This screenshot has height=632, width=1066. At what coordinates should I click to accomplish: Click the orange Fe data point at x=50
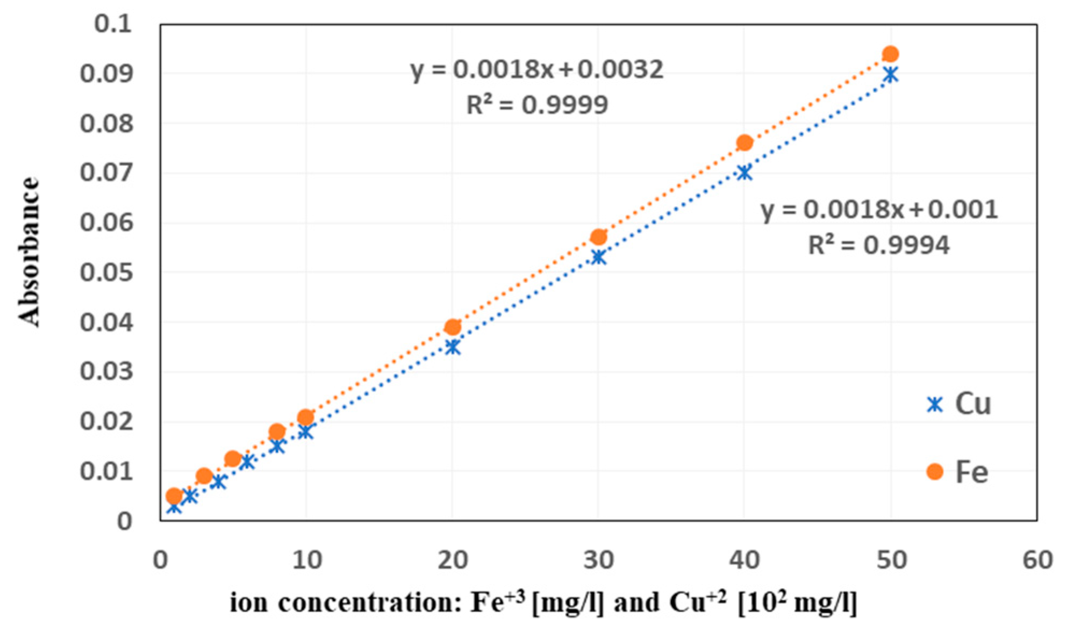[890, 54]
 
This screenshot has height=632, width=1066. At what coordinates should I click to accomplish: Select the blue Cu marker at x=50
[891, 75]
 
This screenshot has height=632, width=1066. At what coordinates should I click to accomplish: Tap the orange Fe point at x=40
[745, 142]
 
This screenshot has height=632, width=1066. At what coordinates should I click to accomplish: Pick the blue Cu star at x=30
[598, 257]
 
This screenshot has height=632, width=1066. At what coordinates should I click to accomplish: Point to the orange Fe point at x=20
[453, 327]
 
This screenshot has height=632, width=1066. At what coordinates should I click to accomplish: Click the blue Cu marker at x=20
[453, 347]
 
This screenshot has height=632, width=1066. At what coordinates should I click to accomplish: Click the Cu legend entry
[959, 404]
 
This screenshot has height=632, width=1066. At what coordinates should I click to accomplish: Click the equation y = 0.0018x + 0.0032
[536, 70]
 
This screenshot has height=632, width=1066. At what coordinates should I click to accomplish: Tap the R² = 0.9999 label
[536, 105]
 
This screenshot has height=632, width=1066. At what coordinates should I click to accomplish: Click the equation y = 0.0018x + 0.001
[879, 210]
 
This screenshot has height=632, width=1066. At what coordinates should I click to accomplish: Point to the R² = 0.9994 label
[879, 246]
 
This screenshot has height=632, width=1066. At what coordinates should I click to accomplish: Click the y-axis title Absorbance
[29, 252]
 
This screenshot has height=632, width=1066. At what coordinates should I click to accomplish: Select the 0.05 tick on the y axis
[106, 272]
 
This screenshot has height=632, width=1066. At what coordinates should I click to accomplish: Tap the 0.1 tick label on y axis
[112, 24]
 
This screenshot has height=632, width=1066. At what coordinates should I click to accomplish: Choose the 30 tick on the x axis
[598, 560]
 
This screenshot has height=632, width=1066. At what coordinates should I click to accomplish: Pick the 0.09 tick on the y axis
[106, 74]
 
